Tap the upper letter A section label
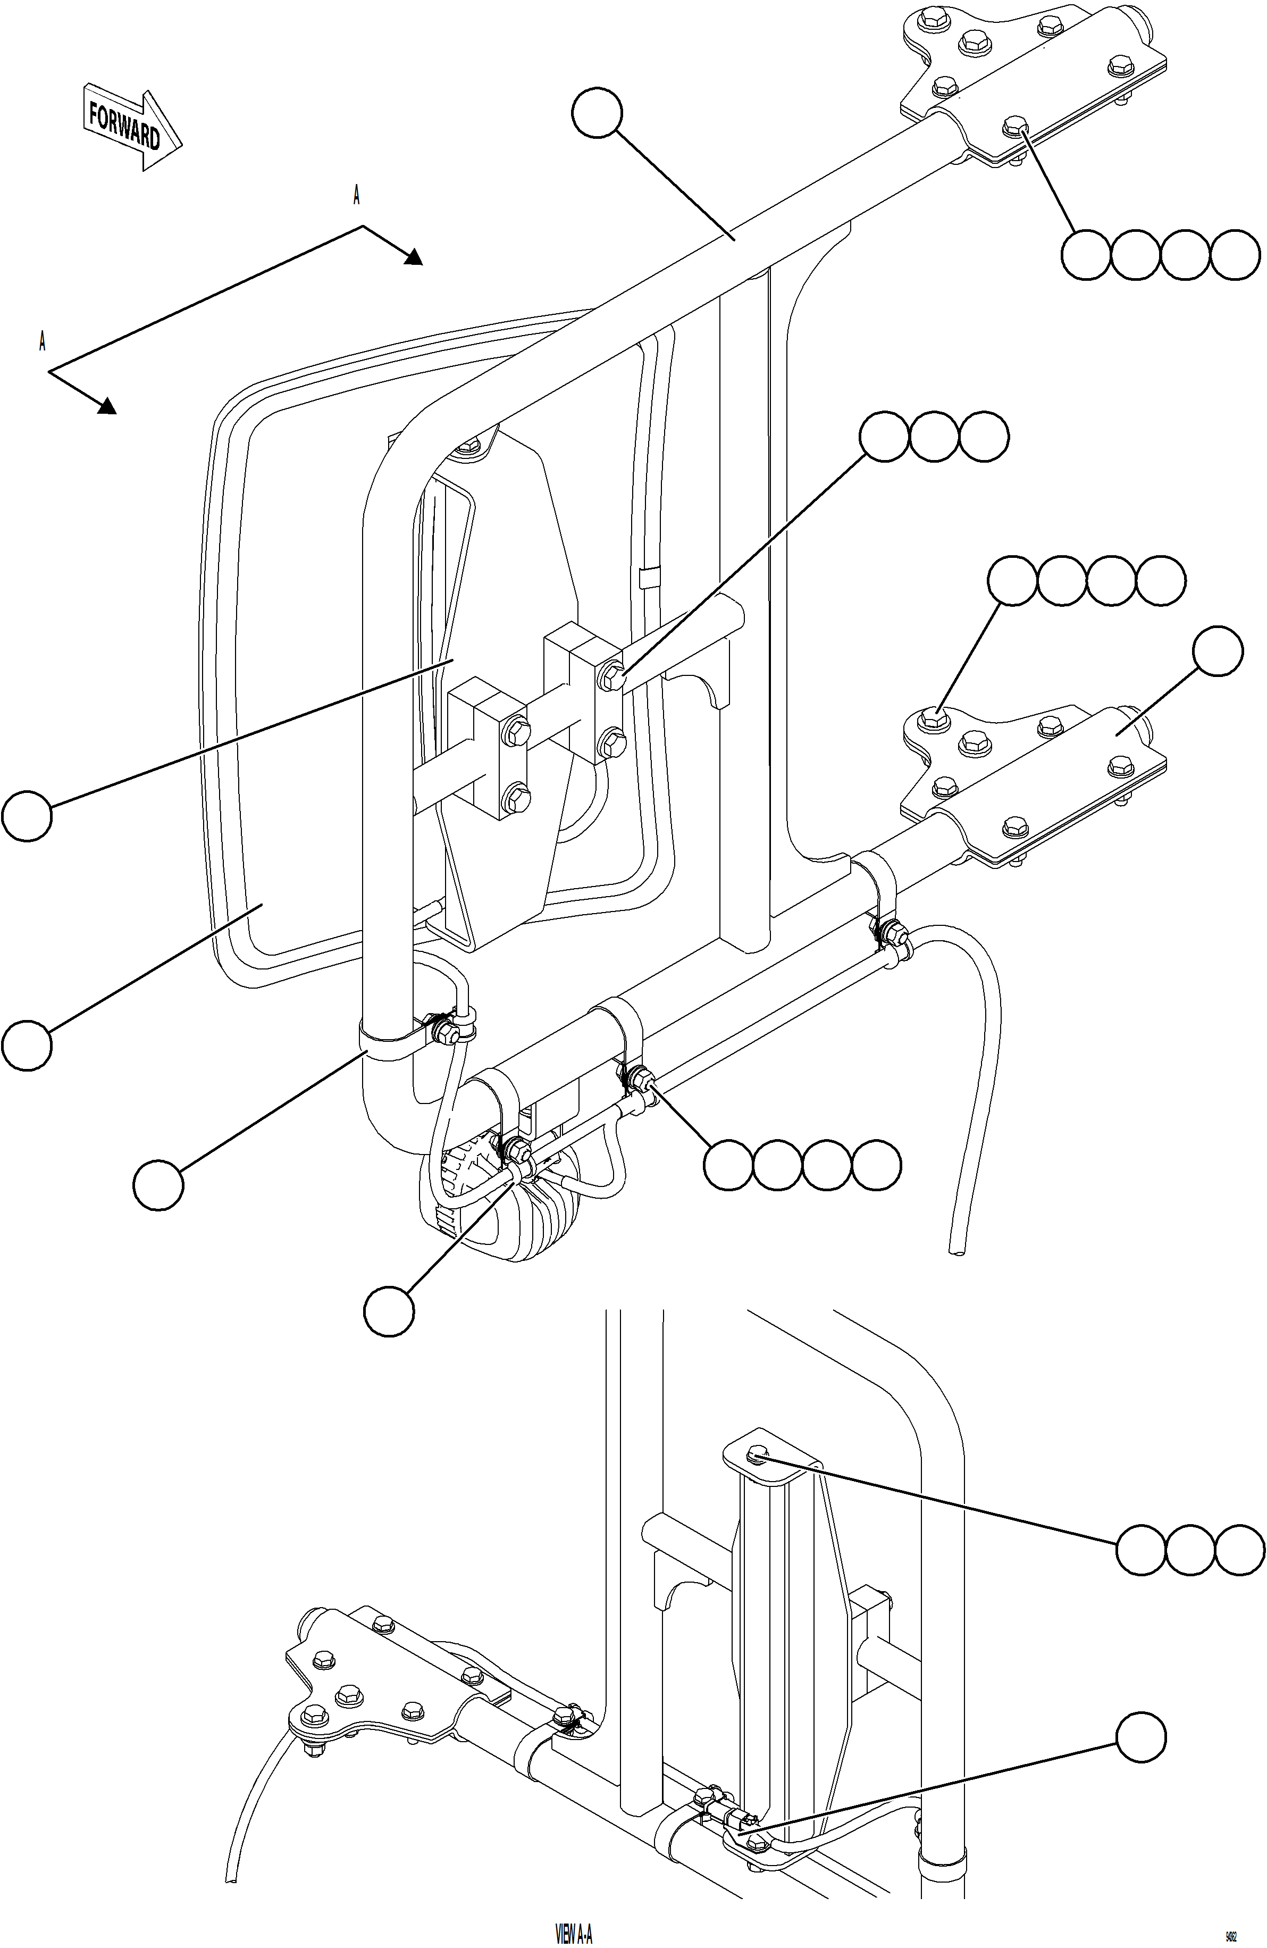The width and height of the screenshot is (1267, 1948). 356,196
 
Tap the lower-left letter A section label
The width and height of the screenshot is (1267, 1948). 42,342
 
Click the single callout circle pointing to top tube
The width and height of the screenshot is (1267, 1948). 597,114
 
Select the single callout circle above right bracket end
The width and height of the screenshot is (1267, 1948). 1217,651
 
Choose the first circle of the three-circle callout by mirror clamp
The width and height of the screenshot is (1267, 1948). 885,437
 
